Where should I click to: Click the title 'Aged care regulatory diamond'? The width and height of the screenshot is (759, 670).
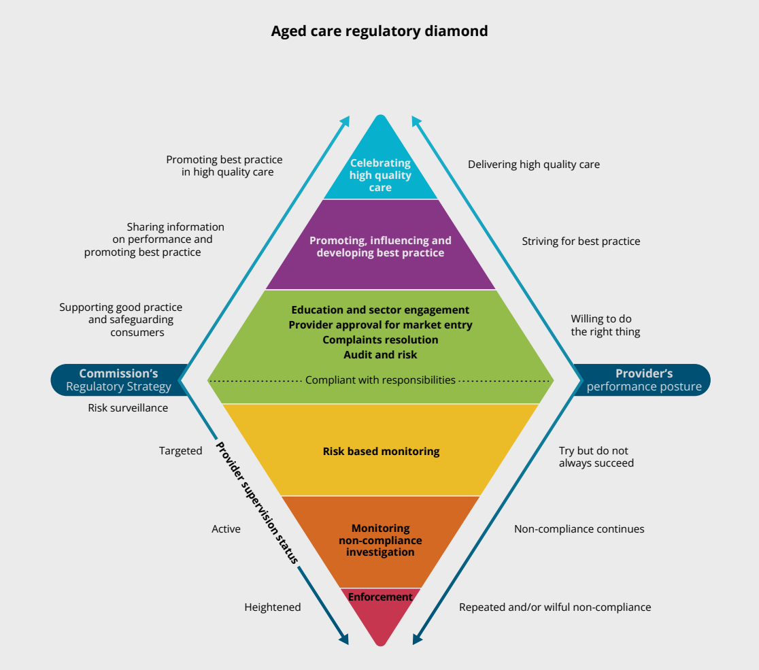pos(379,31)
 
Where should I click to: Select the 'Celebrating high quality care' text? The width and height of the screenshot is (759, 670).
pos(380,175)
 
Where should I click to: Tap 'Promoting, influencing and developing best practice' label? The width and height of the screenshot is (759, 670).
pos(380,246)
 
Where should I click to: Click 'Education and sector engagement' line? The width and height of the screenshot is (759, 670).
pos(380,310)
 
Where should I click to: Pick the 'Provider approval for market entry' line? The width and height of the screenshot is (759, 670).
pos(380,325)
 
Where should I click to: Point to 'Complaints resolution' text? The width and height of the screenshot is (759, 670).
pos(380,339)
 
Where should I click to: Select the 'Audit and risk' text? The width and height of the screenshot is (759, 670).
pos(380,354)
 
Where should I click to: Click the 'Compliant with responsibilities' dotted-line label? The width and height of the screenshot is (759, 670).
pos(380,380)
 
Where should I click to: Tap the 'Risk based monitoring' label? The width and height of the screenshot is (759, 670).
pos(381,451)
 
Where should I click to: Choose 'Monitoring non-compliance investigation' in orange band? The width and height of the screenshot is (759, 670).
pos(380,540)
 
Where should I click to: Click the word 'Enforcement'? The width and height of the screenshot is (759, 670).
pos(380,597)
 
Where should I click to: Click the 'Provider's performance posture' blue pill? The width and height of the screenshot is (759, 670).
pos(643,380)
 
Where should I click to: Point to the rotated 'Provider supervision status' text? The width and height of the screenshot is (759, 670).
pos(256,503)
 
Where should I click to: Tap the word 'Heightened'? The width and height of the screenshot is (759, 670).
pos(272,607)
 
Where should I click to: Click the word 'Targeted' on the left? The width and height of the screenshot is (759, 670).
pos(180,451)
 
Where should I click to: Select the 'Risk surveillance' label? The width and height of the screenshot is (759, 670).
pos(128,408)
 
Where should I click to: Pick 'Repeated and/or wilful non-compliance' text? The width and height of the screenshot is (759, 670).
pos(555,607)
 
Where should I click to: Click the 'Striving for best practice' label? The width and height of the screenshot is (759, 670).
pos(581,241)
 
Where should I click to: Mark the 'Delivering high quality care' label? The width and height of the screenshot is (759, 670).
pos(534,165)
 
